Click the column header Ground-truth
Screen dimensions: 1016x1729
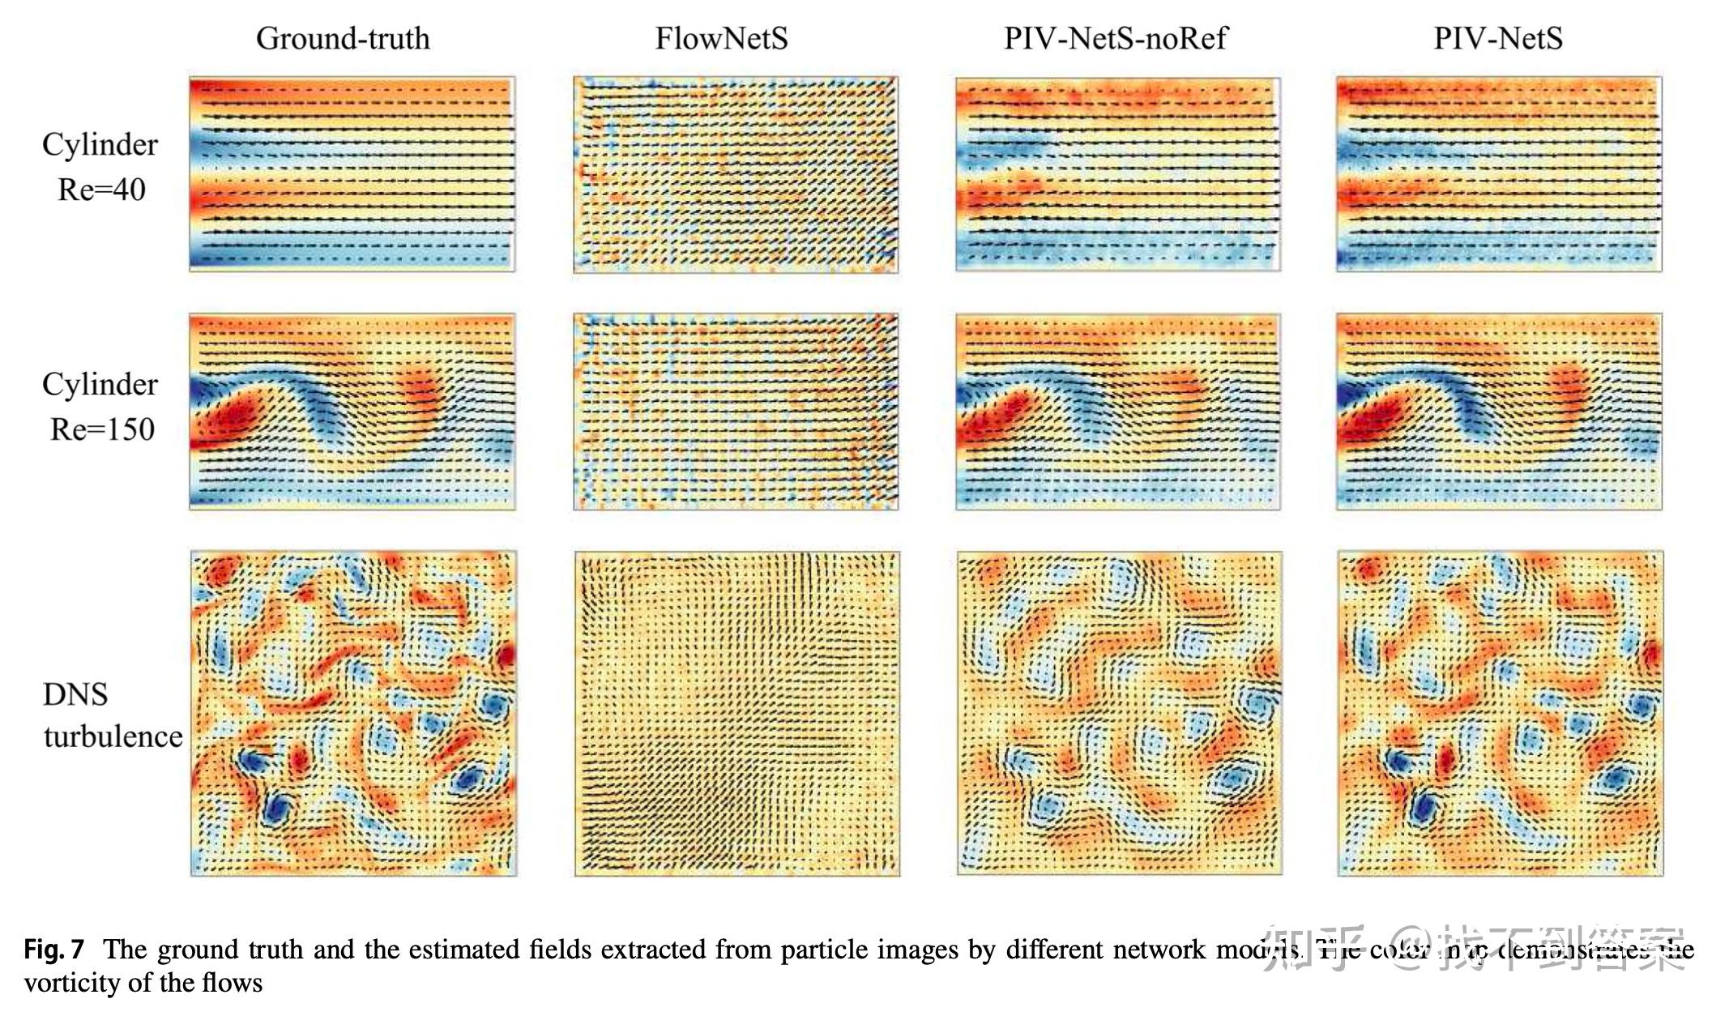coord(343,38)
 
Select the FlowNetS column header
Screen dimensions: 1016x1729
coord(721,38)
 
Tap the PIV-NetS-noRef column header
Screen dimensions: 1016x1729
coord(1116,38)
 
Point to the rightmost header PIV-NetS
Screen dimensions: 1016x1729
coord(1498,38)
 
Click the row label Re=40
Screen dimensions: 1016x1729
coord(101,190)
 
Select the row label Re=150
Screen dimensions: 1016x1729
coord(102,429)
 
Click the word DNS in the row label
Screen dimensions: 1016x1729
coord(75,694)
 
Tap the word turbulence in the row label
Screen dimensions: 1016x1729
coord(113,736)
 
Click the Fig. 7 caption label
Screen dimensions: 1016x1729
coord(53,949)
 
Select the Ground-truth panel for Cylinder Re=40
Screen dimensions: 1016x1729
coord(352,174)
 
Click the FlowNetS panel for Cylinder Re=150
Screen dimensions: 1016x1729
coord(736,412)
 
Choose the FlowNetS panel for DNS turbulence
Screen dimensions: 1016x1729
coord(736,714)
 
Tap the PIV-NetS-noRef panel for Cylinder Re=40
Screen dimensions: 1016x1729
coord(1118,174)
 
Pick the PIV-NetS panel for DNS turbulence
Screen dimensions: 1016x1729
coord(1500,714)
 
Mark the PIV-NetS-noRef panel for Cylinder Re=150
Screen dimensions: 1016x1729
coord(1118,412)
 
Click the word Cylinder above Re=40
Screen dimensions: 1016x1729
coord(100,144)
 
